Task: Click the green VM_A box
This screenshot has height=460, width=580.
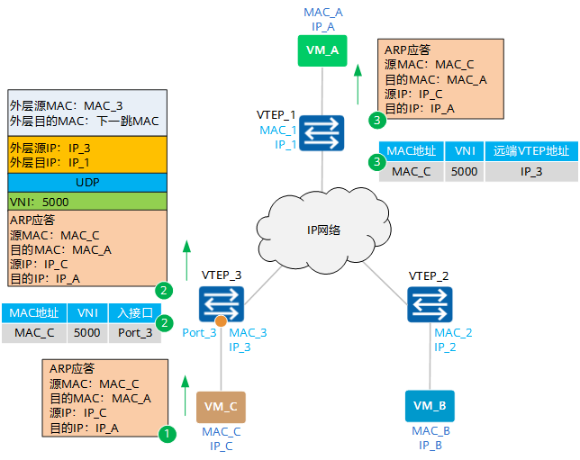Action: coord(322,50)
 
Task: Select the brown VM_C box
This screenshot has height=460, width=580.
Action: coord(221,407)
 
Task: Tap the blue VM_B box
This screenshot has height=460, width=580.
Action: coord(430,406)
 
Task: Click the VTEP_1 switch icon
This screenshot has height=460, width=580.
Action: coord(322,133)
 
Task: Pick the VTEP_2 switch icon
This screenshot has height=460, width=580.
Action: coord(430,304)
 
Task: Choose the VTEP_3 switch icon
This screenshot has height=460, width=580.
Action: coord(222,304)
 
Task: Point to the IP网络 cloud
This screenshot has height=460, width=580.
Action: coord(323,230)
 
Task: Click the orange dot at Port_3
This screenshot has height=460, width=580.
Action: coord(221,321)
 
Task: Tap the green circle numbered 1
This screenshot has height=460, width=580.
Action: coord(168,433)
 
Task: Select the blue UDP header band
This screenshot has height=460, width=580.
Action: coord(87,183)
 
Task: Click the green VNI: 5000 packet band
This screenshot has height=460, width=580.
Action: coord(87,202)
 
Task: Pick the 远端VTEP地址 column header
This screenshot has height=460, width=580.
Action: coord(531,151)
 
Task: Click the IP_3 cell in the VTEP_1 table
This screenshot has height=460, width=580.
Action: coord(531,172)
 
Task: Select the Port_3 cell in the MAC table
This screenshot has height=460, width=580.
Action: coord(135,333)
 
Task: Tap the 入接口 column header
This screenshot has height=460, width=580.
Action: coord(135,313)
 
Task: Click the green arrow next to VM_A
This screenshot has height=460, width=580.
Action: coord(358,85)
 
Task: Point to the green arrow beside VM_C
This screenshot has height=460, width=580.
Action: coord(186,396)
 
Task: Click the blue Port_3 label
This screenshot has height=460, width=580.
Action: coord(199,332)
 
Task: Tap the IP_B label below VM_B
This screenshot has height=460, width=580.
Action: coord(430,446)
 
